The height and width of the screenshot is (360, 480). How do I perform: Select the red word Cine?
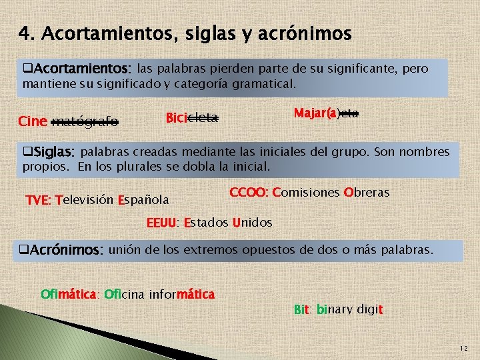click(x=33, y=121)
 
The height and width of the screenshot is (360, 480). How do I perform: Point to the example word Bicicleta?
click(x=192, y=118)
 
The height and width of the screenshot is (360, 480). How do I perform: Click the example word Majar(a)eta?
click(x=326, y=113)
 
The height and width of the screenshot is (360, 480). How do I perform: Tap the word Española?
click(x=143, y=199)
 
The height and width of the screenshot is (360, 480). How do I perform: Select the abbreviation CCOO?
click(x=249, y=193)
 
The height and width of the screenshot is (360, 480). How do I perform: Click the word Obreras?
click(x=366, y=193)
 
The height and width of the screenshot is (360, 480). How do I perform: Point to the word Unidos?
click(x=252, y=222)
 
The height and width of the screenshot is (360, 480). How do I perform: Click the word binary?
click(x=334, y=309)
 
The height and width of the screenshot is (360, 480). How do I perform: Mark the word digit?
click(x=369, y=309)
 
